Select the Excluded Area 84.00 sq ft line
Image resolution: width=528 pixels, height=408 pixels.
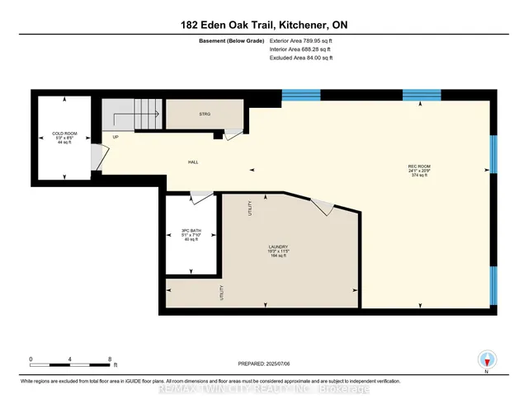coord(306,58)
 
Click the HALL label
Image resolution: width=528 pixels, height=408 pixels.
coord(193,162)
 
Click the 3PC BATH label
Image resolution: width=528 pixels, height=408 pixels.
coord(191,232)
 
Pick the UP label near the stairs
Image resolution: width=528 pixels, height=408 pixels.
coord(116,137)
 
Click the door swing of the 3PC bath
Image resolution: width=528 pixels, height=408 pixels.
coord(199,196)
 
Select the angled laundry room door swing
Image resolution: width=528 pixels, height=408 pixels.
coord(324,208)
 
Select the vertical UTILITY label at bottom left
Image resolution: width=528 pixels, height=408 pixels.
coord(221,293)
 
